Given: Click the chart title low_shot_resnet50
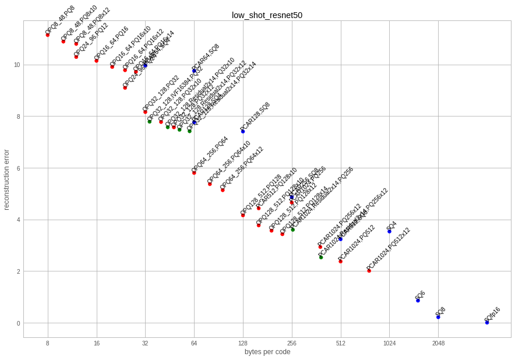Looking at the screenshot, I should coord(267,15).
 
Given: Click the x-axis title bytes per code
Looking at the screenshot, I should coord(267,352).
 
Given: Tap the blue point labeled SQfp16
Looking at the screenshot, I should coord(487,322).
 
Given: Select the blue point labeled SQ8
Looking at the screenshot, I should coord(438,317).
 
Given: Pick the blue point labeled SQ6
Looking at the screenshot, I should coord(418,301).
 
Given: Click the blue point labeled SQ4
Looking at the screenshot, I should coord(389,231).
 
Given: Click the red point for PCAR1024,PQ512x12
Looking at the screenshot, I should coord(369,271).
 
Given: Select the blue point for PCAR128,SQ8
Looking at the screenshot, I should coord(243,132).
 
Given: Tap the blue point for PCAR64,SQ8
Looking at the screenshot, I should coord(194,70).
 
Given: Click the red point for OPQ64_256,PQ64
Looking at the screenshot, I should coord(194,172).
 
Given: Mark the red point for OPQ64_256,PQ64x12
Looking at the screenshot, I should coord(223,190).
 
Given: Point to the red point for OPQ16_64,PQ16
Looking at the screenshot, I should coord(96,61).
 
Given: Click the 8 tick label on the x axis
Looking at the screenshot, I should coord(47,344).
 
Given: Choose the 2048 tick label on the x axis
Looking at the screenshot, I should coord(438,344).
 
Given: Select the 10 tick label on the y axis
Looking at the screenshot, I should coord(17,65).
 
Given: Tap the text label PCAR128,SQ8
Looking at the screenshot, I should coord(255,118).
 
